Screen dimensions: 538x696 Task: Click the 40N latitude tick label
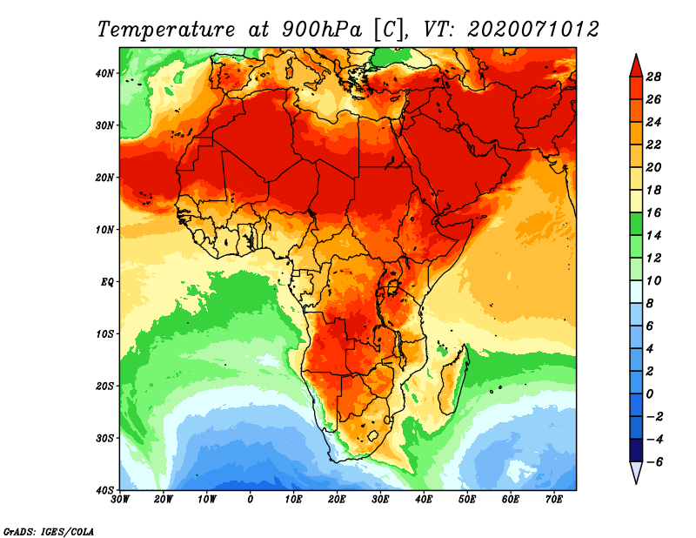[104, 73]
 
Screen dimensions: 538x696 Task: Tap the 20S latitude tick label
[104, 386]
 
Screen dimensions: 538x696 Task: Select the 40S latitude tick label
[104, 490]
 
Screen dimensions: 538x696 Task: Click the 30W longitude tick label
[120, 500]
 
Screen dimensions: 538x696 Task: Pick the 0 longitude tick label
[251, 500]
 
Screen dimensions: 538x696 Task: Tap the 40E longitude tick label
[424, 500]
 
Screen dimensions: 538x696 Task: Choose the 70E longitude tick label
[553, 500]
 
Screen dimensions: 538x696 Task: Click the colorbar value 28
[655, 76]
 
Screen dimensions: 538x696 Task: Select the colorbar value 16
[655, 212]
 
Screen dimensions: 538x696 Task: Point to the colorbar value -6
[653, 461]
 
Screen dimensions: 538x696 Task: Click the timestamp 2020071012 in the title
[533, 29]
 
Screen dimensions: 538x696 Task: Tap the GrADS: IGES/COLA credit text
[48, 530]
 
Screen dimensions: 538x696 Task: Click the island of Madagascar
[453, 380]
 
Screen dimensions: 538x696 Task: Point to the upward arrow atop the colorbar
[635, 64]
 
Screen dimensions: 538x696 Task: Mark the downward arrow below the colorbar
[635, 473]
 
